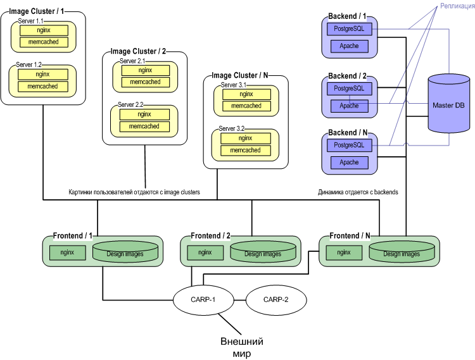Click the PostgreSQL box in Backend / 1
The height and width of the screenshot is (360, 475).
[x=349, y=29]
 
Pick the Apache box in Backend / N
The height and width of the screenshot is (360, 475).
[x=349, y=163]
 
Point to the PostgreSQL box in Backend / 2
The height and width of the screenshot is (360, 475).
[x=349, y=89]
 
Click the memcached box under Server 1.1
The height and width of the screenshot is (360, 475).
[x=43, y=42]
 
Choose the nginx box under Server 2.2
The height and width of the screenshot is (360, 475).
[x=144, y=115]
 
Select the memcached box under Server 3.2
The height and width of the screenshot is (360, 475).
[x=245, y=151]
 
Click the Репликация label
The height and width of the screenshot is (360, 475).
[x=455, y=6]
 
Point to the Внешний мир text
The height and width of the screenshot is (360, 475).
[x=242, y=347]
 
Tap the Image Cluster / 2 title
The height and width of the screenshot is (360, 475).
[x=137, y=51]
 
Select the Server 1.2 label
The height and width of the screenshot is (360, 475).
[x=29, y=65]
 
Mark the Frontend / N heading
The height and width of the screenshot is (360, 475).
[x=350, y=235]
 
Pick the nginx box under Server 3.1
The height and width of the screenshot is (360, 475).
[x=245, y=94]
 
